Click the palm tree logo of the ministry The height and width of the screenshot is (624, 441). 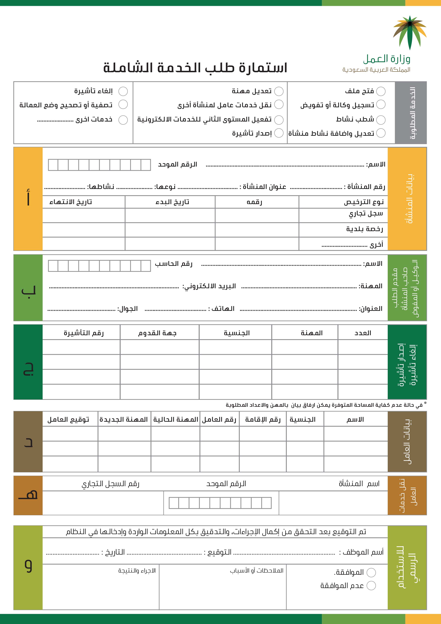tap(410, 32)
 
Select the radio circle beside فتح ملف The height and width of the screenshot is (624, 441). tap(381, 91)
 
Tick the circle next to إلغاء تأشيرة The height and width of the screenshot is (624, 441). tap(123, 91)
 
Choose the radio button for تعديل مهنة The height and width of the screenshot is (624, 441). tap(279, 91)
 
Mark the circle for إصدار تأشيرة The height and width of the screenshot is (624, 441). tap(279, 133)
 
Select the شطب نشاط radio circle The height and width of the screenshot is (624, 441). tap(381, 120)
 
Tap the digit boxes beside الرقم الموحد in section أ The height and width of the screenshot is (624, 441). tap(99, 165)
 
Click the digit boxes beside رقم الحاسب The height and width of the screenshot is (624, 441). tap(99, 266)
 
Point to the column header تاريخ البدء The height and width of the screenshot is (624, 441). tap(172, 202)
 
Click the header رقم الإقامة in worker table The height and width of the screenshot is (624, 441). tap(263, 420)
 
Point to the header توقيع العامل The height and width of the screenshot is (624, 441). tap(68, 420)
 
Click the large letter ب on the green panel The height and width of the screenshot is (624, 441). tap(28, 290)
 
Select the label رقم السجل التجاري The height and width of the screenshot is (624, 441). tap(111, 484)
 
